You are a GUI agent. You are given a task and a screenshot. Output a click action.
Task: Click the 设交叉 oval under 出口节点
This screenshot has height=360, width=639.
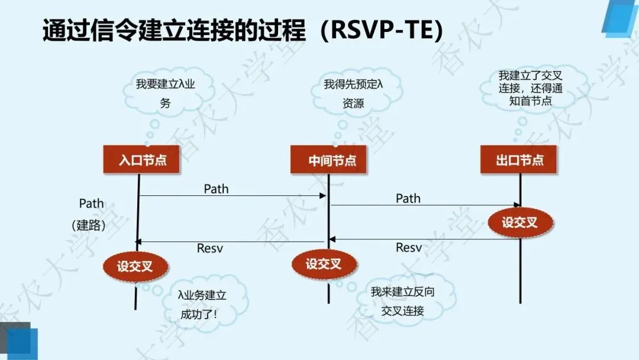520,223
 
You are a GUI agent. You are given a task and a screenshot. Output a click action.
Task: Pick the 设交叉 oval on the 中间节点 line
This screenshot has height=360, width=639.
324,264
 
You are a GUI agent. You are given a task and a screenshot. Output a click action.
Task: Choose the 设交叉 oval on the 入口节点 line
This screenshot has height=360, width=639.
135,266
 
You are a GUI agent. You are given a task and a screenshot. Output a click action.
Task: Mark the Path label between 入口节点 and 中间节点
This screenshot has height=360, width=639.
216,189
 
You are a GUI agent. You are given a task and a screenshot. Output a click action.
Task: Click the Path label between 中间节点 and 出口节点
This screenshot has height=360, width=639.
408,198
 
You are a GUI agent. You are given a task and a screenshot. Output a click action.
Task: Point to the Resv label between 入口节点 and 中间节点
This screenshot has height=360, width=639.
209,249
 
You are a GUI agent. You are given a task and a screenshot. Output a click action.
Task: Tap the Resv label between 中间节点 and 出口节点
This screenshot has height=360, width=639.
408,247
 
